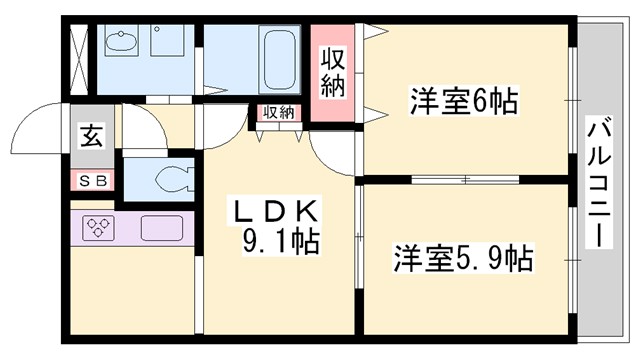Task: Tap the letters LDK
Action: (276, 211)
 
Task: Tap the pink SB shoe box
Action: (92, 181)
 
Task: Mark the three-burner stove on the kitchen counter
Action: (99, 227)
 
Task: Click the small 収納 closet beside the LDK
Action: (279, 113)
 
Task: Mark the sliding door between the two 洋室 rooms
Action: (466, 179)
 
